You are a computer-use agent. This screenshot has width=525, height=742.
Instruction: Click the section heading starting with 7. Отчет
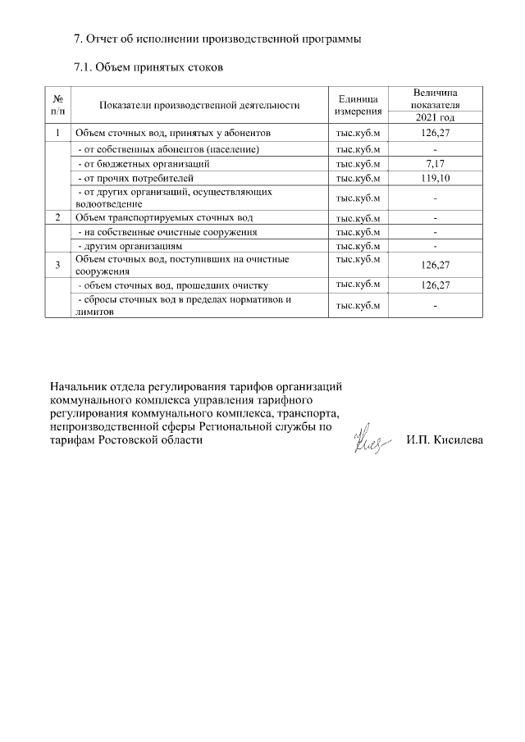(217, 39)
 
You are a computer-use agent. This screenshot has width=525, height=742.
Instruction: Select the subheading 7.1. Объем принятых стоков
(148, 66)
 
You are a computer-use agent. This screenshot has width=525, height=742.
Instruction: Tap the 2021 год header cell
(436, 118)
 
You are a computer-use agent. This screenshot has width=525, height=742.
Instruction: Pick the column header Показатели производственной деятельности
(199, 105)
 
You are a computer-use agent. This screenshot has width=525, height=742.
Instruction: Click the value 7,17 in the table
(436, 163)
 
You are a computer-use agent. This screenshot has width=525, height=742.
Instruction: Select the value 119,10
(436, 176)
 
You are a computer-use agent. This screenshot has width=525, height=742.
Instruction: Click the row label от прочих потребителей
(135, 176)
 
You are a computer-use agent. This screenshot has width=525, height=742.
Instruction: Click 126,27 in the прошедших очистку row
(436, 285)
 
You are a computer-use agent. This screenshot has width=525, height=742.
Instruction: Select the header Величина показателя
(436, 99)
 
